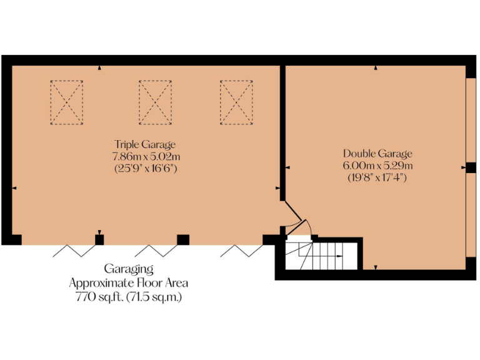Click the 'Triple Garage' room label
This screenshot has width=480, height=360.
(145, 144)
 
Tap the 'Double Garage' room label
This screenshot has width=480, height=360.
(377, 153)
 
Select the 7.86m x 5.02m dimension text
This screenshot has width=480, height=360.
(145, 156)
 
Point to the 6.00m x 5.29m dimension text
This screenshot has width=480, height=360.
(377, 165)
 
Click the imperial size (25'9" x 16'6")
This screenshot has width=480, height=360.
(145, 167)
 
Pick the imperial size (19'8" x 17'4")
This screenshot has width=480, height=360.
(377, 177)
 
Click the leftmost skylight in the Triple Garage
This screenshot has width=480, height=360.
(66, 103)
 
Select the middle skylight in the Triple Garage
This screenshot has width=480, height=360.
(155, 103)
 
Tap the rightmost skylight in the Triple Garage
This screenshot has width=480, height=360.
(236, 103)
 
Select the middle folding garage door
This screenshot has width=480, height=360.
(156, 251)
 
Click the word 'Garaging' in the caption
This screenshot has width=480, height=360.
(129, 269)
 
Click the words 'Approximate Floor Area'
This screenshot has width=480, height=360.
(129, 283)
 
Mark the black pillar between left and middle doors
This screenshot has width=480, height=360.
(99, 239)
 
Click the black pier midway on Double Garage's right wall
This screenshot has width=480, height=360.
(471, 167)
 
